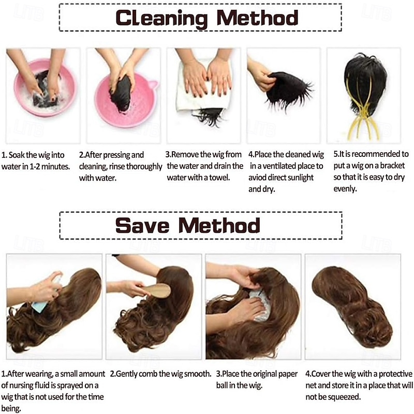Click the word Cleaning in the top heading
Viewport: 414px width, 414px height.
[161, 18]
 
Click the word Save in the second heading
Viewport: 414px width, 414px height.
[142, 225]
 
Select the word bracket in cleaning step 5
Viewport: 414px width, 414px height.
[392, 166]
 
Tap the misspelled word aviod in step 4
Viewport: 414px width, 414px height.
[257, 178]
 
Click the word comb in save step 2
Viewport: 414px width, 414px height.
[148, 374]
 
